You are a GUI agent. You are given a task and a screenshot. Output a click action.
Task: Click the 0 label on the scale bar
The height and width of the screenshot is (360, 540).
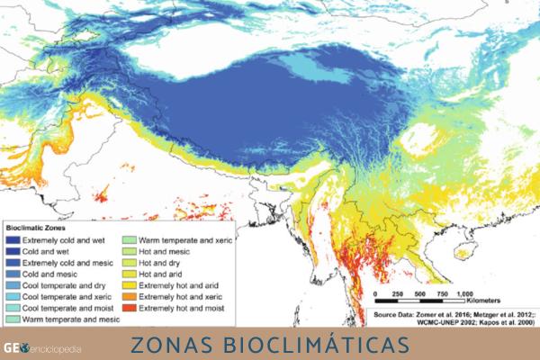[373, 294]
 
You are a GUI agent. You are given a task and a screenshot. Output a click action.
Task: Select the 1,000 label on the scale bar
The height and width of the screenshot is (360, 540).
[465, 294]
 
